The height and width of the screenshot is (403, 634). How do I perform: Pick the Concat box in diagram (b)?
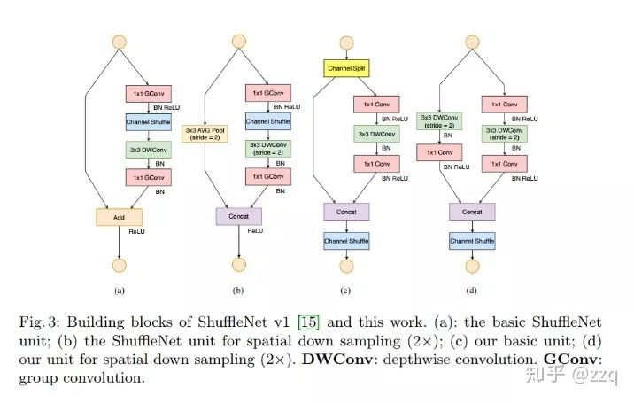pos(238,215)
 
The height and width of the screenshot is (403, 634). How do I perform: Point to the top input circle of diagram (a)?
pos(117,41)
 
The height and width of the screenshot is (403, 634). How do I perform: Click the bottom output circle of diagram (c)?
pos(346,266)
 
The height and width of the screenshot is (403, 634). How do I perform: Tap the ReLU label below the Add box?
pos(137,231)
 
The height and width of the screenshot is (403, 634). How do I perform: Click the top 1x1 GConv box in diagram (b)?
pos(267,92)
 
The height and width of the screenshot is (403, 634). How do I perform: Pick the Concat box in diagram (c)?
pos(346,212)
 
